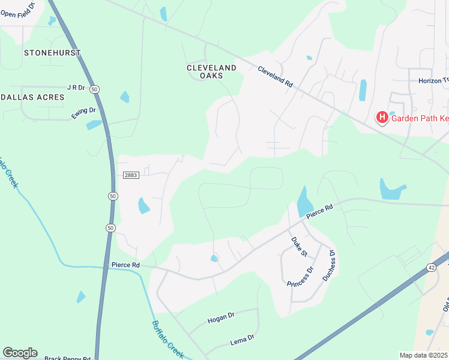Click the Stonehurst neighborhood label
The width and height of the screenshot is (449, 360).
[x=52, y=53]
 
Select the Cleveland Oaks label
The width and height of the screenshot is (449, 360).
[x=211, y=72]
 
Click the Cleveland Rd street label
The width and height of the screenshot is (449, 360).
[x=275, y=77]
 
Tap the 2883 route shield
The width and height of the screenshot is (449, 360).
[x=131, y=175]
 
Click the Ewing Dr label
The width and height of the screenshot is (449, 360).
[x=83, y=112]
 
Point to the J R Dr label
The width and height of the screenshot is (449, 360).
[x=76, y=88]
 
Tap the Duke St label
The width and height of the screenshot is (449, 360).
[x=298, y=247]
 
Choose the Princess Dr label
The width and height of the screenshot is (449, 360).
[x=300, y=276]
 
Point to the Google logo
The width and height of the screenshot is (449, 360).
[x=20, y=353]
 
